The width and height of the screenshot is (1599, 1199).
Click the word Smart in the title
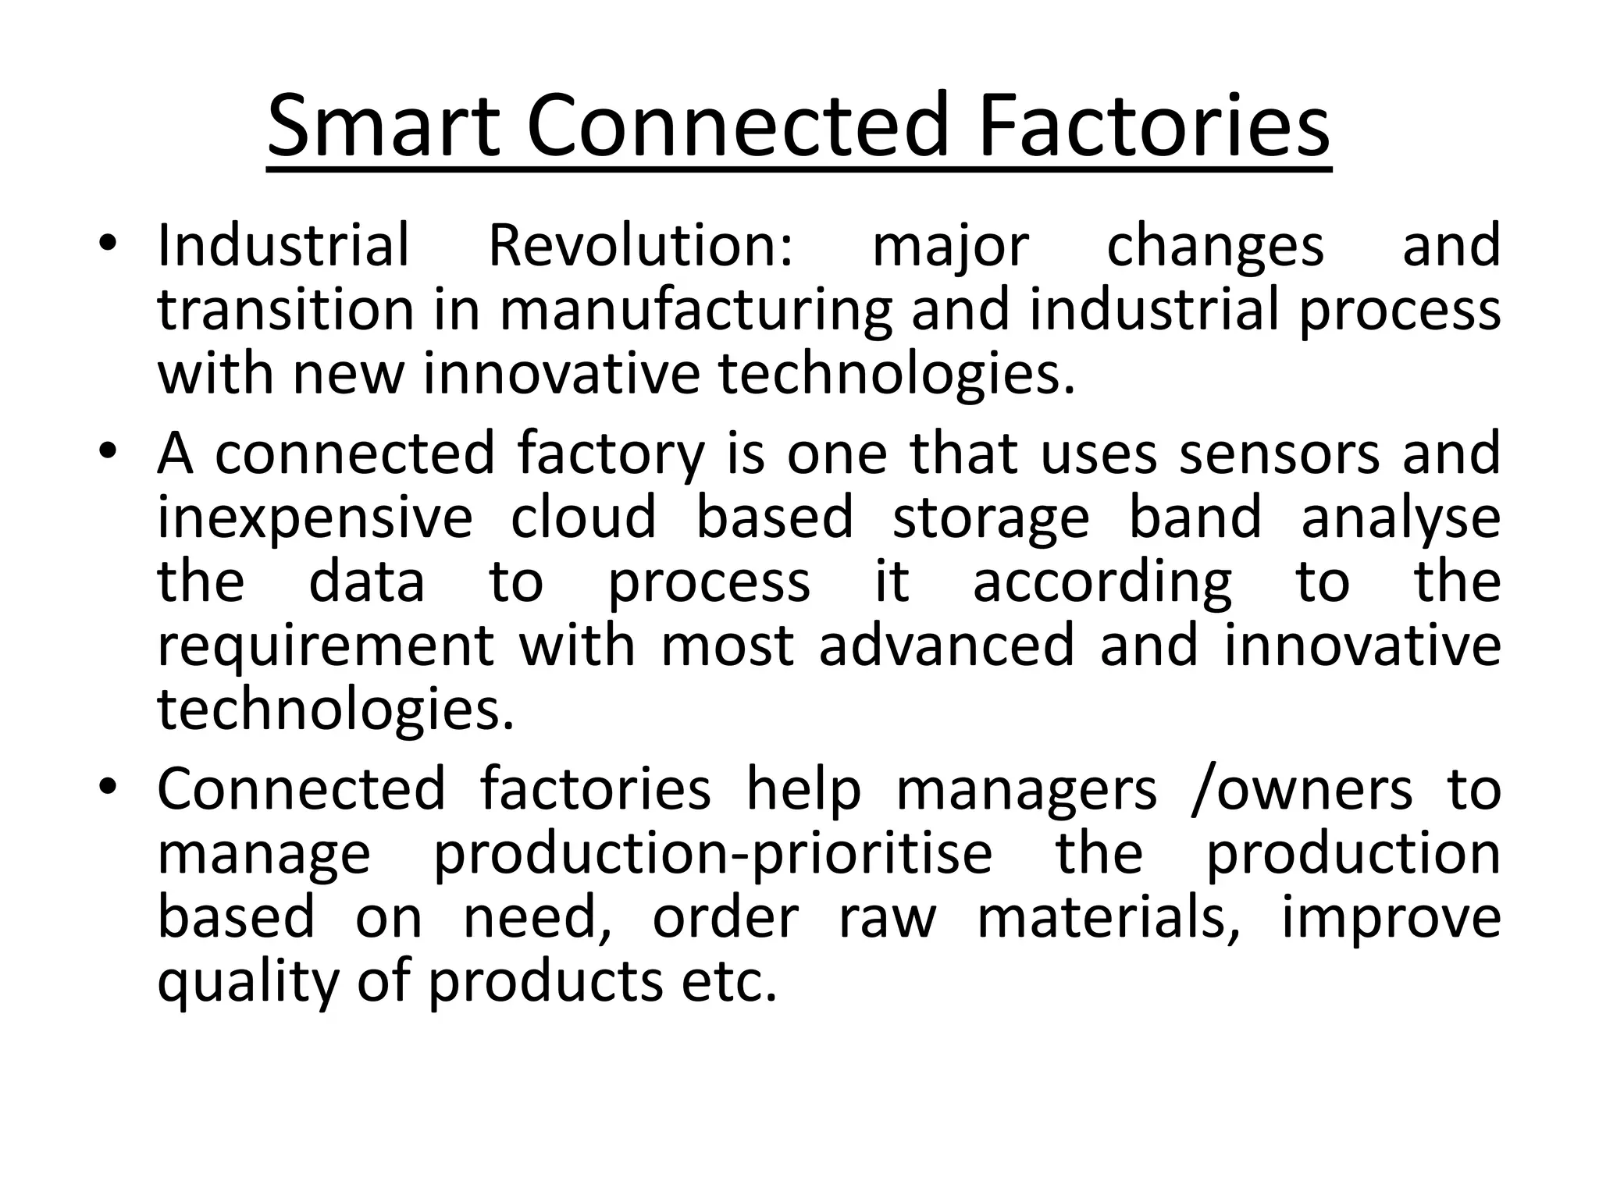point(383,126)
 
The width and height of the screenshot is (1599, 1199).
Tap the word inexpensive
point(315,519)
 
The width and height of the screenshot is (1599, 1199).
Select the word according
point(1102,585)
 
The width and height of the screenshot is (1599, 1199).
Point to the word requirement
point(326,648)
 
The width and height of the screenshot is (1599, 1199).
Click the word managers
point(1027,791)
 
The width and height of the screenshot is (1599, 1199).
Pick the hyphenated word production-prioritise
point(713,855)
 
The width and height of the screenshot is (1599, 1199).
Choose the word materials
point(1109,918)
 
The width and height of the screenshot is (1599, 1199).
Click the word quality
point(248,984)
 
